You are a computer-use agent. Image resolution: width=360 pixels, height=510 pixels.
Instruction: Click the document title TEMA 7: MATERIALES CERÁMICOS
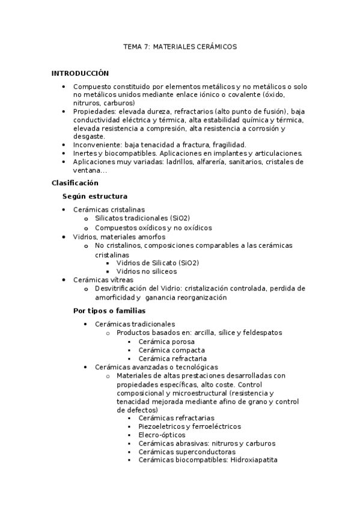pos(180,46)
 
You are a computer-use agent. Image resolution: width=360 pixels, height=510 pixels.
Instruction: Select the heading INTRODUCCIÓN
pos(80,73)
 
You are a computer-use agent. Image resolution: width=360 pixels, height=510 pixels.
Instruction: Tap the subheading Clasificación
pos(75,183)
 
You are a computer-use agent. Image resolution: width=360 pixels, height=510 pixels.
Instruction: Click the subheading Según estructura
pos(94,196)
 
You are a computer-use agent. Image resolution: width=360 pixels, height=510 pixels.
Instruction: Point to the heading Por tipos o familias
pos(109,310)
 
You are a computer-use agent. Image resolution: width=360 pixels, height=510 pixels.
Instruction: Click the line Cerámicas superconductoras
pos(186,452)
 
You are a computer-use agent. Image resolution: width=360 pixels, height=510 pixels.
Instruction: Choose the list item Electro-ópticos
pos(162,435)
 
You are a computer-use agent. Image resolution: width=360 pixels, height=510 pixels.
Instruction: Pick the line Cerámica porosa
pos(166,341)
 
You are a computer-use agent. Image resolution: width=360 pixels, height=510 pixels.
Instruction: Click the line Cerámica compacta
pos(171,349)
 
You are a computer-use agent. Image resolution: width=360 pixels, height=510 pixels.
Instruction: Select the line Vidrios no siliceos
pos(147,271)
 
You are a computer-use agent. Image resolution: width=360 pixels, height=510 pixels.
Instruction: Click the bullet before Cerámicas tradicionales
pos(87,324)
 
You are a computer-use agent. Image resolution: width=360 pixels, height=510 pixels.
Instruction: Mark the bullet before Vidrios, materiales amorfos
pos(65,237)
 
